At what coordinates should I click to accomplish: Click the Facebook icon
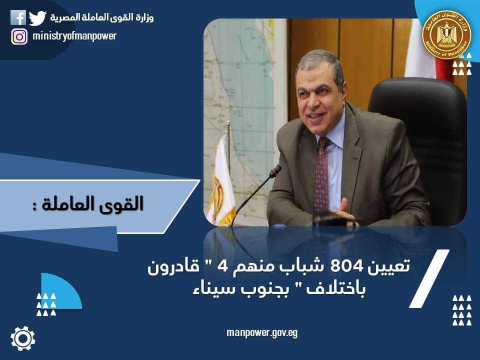tap(18, 17)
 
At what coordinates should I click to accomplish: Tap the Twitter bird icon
tap(37, 18)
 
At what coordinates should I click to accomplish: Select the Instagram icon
tap(19, 36)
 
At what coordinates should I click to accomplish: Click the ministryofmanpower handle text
tap(74, 36)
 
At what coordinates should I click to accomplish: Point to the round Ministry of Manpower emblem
tap(446, 34)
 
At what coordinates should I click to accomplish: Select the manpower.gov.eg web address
tap(262, 333)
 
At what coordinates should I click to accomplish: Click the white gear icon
tap(23, 338)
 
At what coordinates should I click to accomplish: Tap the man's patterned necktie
tap(322, 174)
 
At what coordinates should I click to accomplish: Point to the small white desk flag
tap(222, 180)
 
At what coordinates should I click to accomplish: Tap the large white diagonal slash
tap(429, 278)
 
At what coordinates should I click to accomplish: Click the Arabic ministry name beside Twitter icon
tap(102, 18)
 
